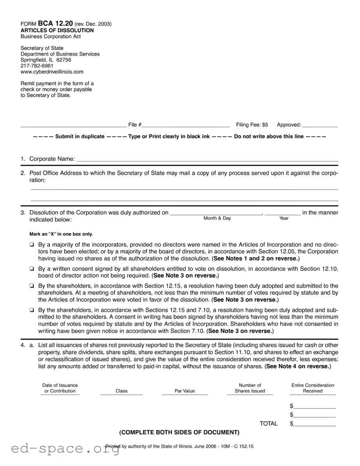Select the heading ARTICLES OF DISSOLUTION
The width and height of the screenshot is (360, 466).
click(57, 30)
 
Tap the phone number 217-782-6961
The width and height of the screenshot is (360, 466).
click(37, 66)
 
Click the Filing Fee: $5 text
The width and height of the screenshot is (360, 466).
click(252, 125)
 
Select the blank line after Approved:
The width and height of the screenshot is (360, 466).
click(320, 125)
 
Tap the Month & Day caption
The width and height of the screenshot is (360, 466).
click(217, 218)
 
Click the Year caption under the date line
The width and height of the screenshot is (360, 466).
click(284, 218)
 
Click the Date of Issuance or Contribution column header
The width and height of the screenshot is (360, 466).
click(60, 388)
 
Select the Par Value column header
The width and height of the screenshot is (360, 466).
click(184, 391)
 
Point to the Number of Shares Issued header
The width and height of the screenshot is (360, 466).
click(250, 388)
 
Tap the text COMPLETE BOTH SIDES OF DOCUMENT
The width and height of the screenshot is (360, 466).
click(179, 432)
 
